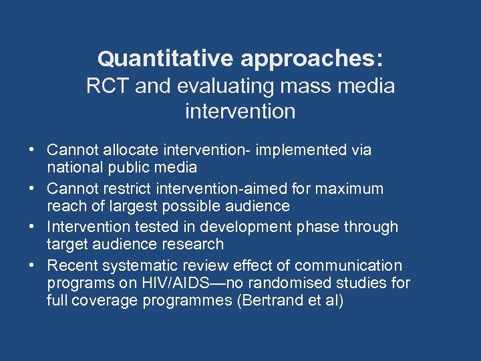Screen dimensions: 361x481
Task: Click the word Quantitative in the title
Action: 166,59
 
